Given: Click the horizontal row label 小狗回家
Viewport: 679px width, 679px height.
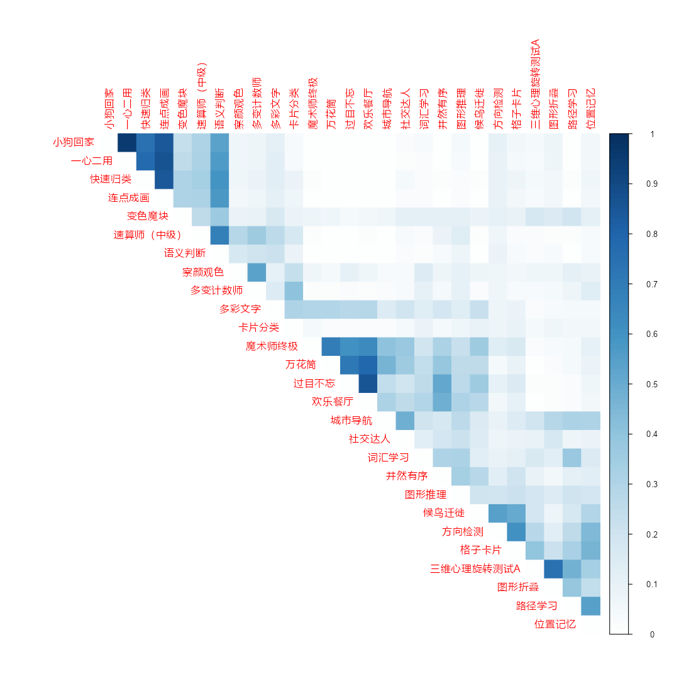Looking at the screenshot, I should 74,142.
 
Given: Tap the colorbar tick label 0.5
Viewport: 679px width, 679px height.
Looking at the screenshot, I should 652,384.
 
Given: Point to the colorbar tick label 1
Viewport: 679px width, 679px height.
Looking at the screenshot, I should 652,134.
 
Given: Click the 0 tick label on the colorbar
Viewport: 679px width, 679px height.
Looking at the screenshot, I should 652,634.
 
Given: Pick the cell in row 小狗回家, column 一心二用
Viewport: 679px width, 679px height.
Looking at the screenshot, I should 127,143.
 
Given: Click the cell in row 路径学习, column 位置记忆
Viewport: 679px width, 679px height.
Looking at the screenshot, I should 591,606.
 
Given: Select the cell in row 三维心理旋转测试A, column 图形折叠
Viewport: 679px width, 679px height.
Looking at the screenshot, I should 554,569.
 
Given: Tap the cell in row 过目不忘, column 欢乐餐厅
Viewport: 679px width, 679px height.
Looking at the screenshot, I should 368,384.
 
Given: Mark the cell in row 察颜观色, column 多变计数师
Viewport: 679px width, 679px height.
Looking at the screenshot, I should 257,272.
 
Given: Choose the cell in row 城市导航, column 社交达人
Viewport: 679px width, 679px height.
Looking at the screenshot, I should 406,421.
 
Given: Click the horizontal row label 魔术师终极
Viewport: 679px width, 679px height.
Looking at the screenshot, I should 272,346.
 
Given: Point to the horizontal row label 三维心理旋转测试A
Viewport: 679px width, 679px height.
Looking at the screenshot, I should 475,569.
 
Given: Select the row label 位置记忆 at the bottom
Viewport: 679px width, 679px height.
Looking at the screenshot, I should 555,624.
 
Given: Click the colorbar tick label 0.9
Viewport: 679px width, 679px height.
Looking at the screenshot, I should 652,184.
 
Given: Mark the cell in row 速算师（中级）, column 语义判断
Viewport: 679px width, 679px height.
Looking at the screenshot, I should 219,235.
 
